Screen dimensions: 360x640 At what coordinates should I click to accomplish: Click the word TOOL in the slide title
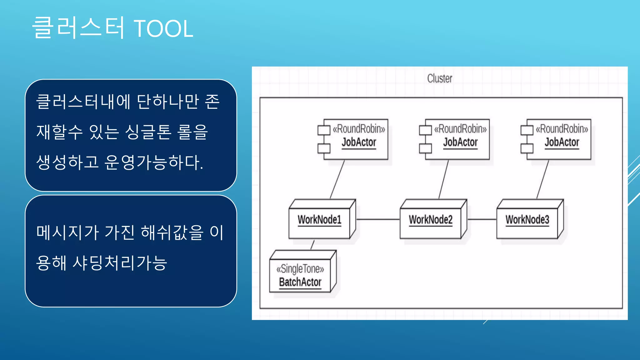coord(163,29)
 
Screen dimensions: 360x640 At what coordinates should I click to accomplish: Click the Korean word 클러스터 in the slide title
coord(78,28)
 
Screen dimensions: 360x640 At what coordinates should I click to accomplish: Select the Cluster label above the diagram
coord(439,78)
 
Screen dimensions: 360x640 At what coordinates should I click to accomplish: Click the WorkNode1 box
coord(319,220)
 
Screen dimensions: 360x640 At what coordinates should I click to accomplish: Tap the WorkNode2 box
coord(430,220)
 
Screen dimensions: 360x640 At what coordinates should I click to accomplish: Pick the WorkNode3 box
coord(527,220)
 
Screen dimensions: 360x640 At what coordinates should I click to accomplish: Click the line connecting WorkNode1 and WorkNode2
coord(378,219)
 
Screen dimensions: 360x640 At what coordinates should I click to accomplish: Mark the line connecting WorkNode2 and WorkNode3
coord(482,219)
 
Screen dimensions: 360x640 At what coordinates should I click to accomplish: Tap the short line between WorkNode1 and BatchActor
coord(312,245)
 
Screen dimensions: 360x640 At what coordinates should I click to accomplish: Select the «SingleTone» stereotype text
coord(300,269)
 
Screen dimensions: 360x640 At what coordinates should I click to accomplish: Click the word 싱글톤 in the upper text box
coord(148,132)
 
